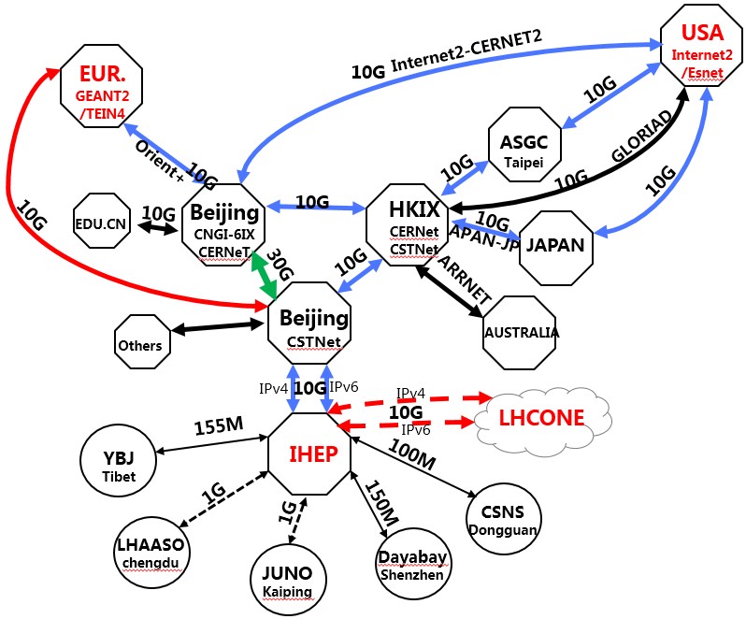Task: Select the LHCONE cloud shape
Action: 542,417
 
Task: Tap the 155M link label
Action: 218,425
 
